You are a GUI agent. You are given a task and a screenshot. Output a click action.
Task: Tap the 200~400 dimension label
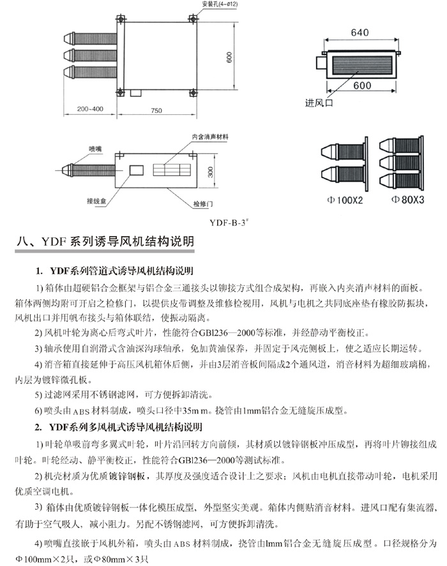pos(88,109)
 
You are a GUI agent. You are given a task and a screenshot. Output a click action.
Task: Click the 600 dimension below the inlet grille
pos(362,86)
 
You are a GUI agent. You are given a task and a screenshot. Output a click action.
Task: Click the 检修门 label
pos(202,203)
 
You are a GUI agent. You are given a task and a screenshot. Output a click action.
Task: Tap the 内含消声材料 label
pos(210,137)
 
